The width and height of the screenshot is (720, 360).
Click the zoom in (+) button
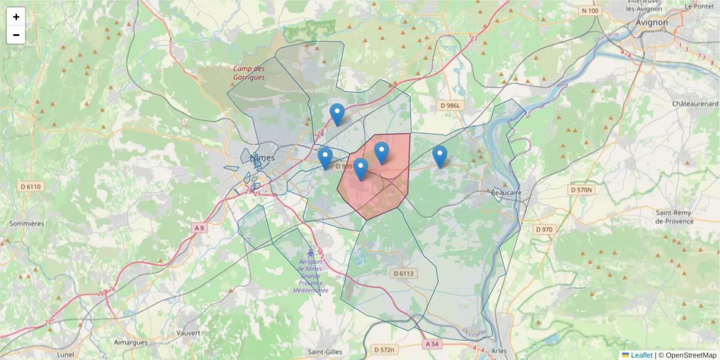[16, 17]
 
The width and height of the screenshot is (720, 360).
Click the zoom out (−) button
[16, 35]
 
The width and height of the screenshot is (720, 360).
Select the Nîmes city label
[262, 158]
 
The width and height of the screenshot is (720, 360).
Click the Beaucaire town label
[506, 192]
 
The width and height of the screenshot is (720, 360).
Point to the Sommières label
[26, 223]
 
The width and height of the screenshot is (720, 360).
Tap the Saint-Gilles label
[325, 352]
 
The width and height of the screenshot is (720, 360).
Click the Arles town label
[499, 351]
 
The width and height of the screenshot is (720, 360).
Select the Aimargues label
[131, 342]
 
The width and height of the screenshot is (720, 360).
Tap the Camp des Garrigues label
[249, 73]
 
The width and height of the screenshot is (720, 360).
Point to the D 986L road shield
[452, 106]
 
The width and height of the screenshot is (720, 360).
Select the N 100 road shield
[590, 11]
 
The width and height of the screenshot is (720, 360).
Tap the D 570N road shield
[580, 190]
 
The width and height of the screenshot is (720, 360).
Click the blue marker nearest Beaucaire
[440, 156]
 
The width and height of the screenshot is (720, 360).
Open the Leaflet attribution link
[641, 355]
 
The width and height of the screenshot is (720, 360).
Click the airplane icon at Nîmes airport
[310, 253]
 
